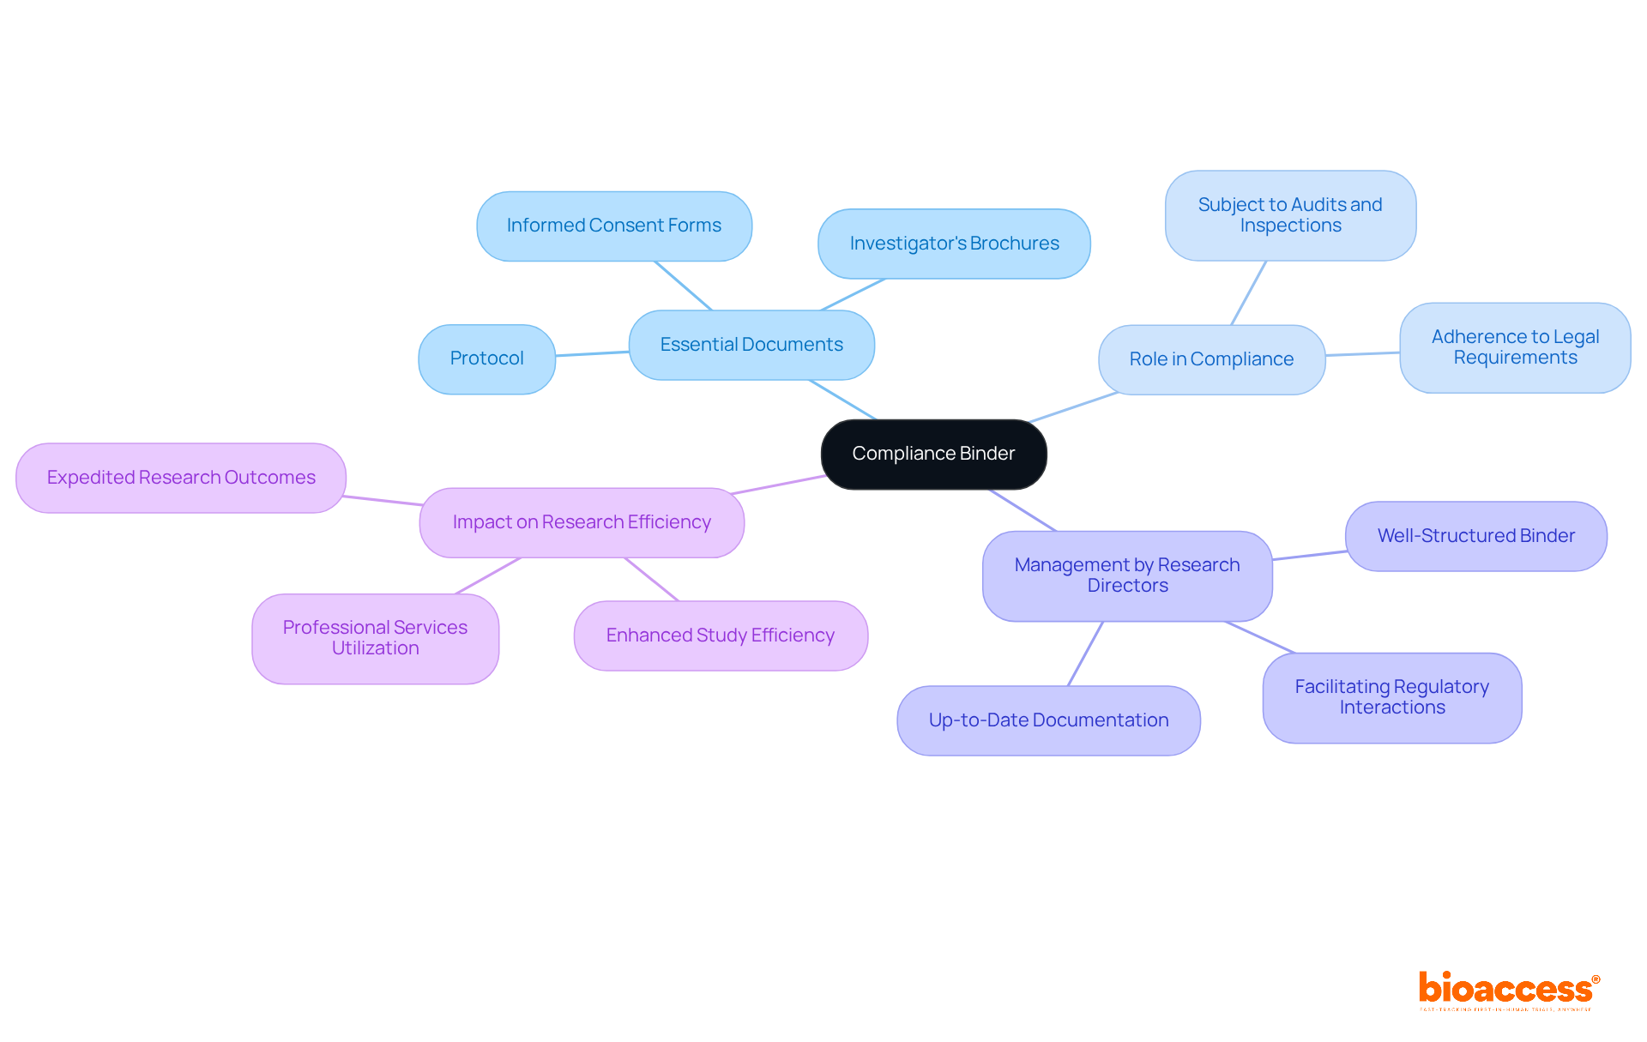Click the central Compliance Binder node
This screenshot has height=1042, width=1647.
[933, 454]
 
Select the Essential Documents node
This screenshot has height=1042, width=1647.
[751, 345]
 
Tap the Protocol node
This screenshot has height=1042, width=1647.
[486, 358]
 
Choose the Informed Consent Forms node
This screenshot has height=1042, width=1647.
[613, 226]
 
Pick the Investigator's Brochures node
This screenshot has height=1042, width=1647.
[954, 244]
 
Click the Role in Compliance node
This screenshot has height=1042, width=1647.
[1211, 359]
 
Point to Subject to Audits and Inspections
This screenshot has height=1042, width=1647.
[1290, 215]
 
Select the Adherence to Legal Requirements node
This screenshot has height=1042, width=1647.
[1515, 347]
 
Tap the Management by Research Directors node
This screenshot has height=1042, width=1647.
[1127, 575]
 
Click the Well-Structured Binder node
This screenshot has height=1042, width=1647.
[1475, 536]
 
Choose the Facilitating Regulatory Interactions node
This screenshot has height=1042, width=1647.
[1391, 697]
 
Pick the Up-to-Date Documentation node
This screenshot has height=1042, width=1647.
[1048, 720]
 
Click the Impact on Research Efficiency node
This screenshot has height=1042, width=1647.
[582, 522]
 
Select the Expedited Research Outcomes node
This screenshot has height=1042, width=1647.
[181, 478]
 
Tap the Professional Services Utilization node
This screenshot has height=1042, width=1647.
[375, 638]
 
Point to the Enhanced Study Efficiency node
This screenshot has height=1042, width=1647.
[721, 635]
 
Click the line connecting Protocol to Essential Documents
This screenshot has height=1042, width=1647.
[592, 353]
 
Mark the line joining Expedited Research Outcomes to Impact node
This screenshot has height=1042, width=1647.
[383, 500]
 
